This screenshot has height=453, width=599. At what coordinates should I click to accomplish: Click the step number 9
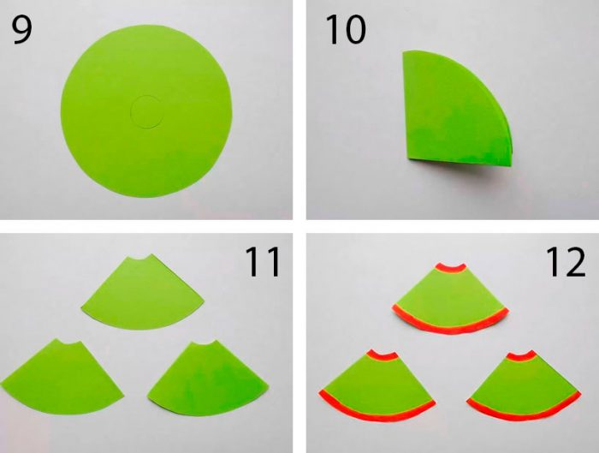21,30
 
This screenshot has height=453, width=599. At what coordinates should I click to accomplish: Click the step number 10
346,30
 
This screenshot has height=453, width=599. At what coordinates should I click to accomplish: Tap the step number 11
263,261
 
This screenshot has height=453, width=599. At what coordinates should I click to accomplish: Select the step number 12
566,261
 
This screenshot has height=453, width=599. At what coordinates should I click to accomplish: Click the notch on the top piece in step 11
140,259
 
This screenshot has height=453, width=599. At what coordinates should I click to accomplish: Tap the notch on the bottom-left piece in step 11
69,343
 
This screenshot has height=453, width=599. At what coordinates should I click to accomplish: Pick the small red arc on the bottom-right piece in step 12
522,357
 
